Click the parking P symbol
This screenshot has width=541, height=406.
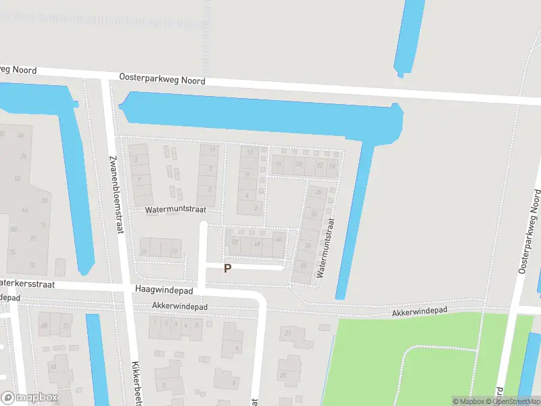pos(228,268)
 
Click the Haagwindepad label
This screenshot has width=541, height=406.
pos(164,290)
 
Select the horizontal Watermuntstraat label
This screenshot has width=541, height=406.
pos(175,210)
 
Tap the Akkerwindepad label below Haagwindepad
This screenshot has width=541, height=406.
pos(179,307)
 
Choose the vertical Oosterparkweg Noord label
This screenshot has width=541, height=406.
pos(530,231)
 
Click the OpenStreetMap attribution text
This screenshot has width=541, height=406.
pos(516,401)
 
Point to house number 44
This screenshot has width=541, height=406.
pos(278,239)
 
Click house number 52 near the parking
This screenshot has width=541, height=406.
pos(235,242)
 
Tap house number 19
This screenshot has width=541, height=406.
pos(174,252)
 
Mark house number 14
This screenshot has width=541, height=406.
pos(278,163)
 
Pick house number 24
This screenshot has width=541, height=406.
pos(332,164)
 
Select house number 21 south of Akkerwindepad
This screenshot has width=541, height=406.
pos(289,332)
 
